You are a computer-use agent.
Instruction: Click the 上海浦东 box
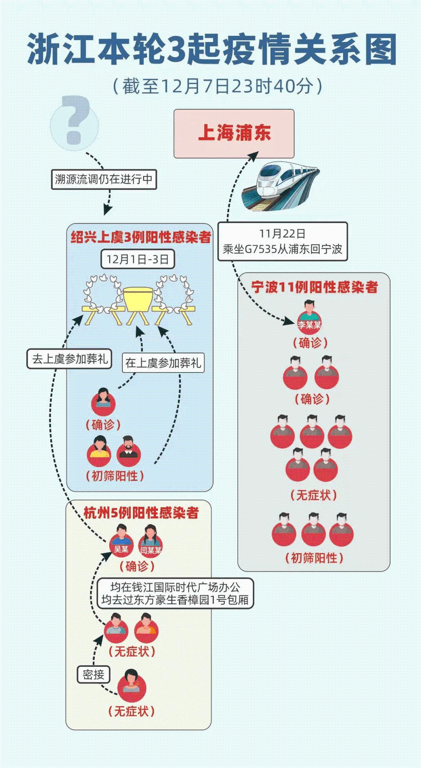point(234,134)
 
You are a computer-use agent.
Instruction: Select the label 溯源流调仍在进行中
point(104,179)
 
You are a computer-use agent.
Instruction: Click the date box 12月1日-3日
point(138,259)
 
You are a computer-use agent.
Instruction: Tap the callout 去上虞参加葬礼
point(69,359)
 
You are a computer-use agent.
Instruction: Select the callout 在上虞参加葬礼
point(163,363)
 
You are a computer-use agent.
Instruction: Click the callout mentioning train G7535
point(282,241)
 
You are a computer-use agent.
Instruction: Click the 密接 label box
point(93,675)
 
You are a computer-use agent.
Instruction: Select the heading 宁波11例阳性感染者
point(314,287)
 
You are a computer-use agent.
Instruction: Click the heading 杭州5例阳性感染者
point(141,513)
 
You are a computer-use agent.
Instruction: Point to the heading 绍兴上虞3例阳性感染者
point(141,237)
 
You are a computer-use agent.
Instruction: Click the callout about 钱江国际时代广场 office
point(175,593)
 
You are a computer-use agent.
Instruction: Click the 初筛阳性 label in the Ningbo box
point(314,558)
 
